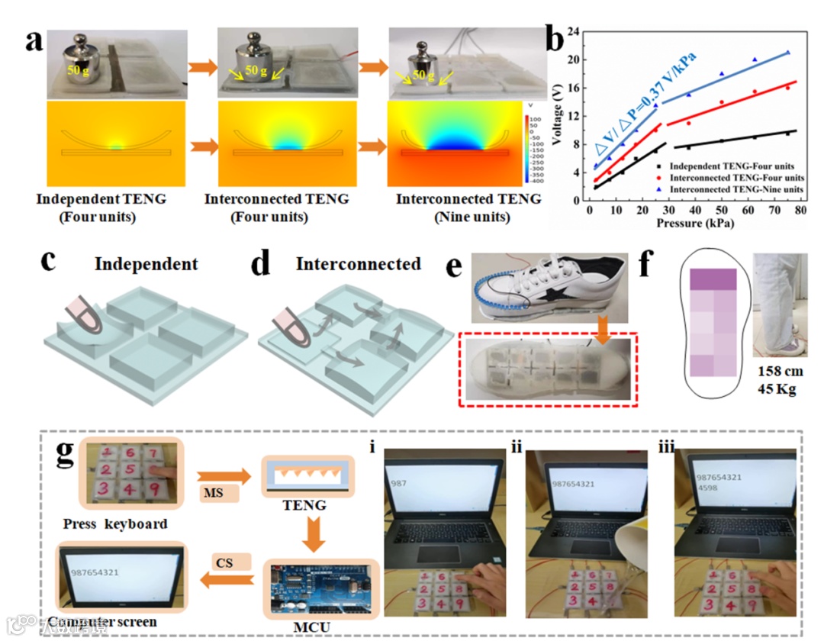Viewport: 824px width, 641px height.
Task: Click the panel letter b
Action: tap(565, 36)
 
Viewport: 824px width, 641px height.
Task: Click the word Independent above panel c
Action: tap(146, 265)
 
